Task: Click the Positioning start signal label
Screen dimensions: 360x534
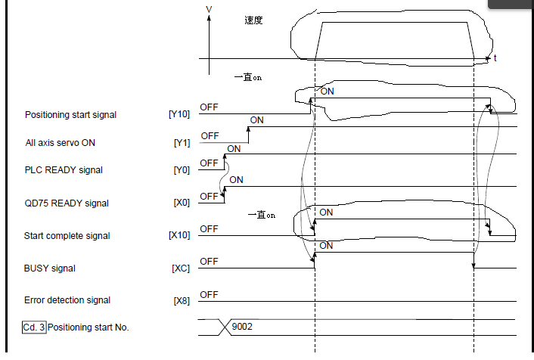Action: point(70,115)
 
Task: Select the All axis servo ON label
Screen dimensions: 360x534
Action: point(60,142)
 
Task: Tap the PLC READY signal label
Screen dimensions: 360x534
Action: point(64,170)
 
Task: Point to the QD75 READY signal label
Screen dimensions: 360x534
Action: point(67,203)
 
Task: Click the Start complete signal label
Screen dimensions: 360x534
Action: point(67,235)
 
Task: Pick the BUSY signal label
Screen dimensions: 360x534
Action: point(50,268)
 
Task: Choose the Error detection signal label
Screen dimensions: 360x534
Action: point(67,300)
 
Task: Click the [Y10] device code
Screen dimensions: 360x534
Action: point(179,115)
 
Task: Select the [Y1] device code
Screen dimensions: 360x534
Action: point(182,142)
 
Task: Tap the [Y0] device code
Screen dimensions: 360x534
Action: point(182,170)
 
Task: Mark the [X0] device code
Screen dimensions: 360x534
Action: point(182,203)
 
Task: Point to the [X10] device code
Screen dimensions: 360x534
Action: point(179,235)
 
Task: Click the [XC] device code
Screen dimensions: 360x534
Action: point(181,268)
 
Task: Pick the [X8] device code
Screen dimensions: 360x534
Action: point(182,300)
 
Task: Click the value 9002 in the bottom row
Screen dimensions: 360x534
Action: point(242,327)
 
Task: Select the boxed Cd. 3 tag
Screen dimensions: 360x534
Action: point(34,327)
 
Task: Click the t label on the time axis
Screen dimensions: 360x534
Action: point(495,58)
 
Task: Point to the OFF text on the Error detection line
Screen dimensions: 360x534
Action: point(209,294)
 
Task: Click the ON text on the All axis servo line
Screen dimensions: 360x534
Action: point(257,119)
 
